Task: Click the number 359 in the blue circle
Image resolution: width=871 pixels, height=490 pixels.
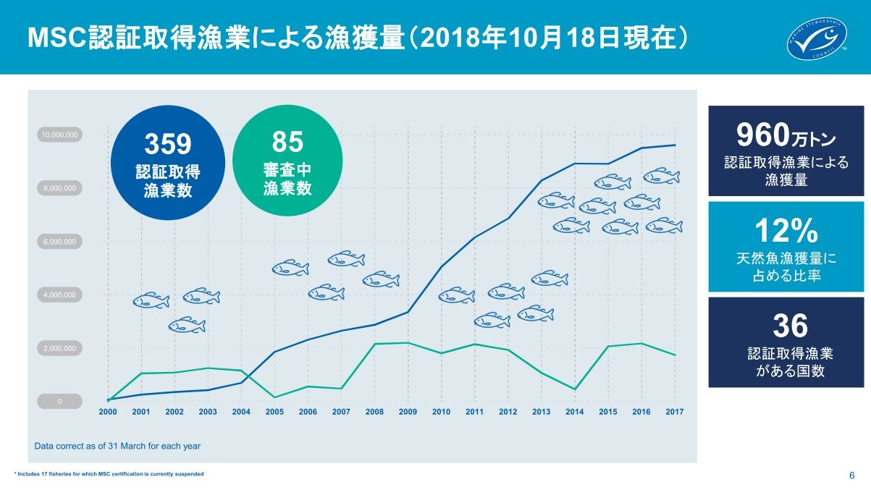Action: click(x=168, y=144)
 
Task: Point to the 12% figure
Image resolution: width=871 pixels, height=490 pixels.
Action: click(x=786, y=231)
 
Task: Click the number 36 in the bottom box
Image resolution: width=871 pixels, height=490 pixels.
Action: click(x=789, y=326)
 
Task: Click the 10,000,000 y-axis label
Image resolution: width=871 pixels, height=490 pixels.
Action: click(x=59, y=135)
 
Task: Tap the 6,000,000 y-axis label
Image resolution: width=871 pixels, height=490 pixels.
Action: click(x=59, y=242)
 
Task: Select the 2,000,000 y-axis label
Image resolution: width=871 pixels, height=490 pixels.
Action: click(x=59, y=348)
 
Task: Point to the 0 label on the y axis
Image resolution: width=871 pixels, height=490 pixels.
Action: click(x=59, y=402)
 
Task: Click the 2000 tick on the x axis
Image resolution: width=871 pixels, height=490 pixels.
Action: click(x=108, y=412)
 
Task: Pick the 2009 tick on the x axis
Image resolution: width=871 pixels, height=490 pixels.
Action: click(x=408, y=412)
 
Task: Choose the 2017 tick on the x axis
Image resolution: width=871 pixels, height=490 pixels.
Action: click(x=674, y=412)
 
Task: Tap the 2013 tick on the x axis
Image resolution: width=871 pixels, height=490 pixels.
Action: click(x=541, y=412)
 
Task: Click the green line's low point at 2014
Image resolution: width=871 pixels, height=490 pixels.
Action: click(x=574, y=389)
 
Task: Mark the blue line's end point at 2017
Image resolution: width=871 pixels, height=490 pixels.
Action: click(x=674, y=145)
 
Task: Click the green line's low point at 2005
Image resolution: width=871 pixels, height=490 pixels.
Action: click(x=274, y=397)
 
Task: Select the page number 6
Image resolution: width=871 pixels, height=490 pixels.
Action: click(x=851, y=476)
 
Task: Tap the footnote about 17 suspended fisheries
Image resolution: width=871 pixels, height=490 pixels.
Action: click(x=109, y=474)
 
